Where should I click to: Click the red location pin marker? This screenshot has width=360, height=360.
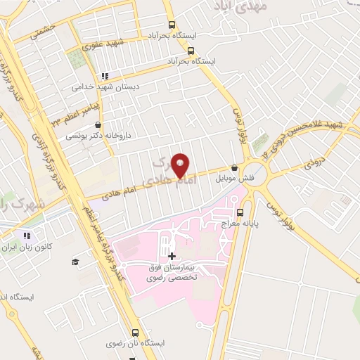(x=181, y=165)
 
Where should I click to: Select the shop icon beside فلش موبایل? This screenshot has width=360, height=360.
(x=235, y=168)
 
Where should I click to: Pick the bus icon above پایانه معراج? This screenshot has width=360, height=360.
(x=240, y=212)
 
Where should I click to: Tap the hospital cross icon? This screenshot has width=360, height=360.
(x=172, y=255)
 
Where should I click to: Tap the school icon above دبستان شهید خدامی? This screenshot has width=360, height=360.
(x=104, y=77)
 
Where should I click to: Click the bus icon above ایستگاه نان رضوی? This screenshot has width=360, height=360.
(x=134, y=333)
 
